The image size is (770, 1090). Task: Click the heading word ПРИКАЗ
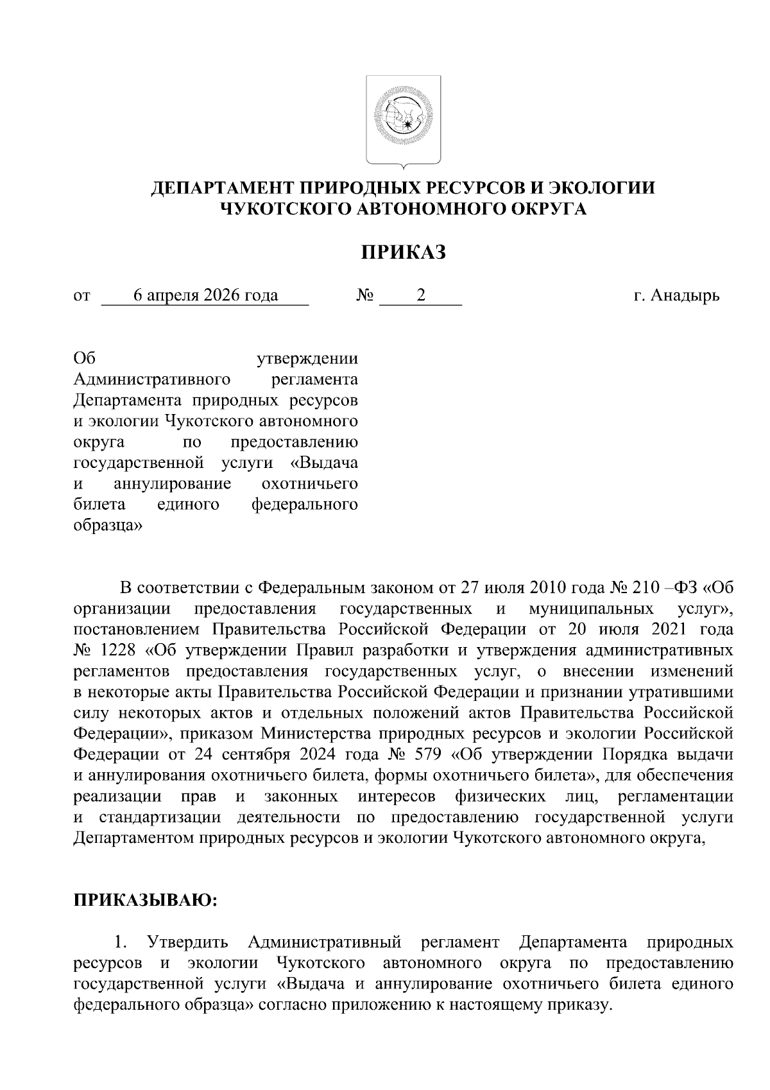click(403, 252)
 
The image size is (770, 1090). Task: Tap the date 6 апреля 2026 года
click(205, 295)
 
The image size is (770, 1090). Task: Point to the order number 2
click(421, 295)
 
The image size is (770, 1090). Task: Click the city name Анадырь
click(684, 295)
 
